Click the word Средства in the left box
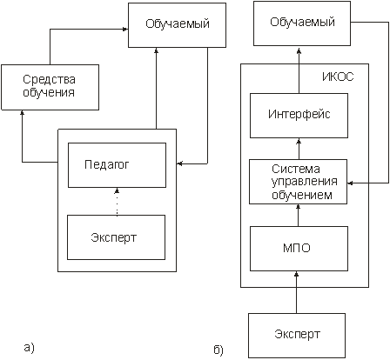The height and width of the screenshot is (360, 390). (x=49, y=79)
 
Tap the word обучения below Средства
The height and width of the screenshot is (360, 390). (x=49, y=93)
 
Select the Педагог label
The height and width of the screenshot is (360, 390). (x=106, y=164)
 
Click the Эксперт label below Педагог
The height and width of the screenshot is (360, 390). (x=113, y=237)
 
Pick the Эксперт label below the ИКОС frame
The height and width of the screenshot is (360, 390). (x=298, y=334)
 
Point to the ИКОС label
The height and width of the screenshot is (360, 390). (x=338, y=77)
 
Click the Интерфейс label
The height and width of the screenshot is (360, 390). (x=299, y=114)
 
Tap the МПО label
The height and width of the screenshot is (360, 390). (x=297, y=248)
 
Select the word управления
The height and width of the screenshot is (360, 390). (x=305, y=182)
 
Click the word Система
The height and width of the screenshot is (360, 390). (x=296, y=169)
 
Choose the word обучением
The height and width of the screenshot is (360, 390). (x=302, y=195)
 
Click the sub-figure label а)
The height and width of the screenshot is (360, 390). (x=29, y=348)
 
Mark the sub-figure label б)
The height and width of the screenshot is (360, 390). (x=219, y=350)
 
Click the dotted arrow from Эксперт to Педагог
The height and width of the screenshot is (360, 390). (x=117, y=202)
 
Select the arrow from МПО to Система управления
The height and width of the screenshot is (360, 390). (x=298, y=216)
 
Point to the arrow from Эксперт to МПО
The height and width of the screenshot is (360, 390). (x=297, y=292)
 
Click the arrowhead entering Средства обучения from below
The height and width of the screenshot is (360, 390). (x=23, y=112)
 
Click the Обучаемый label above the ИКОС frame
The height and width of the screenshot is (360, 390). (x=302, y=23)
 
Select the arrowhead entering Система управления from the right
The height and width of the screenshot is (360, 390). (x=350, y=183)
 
